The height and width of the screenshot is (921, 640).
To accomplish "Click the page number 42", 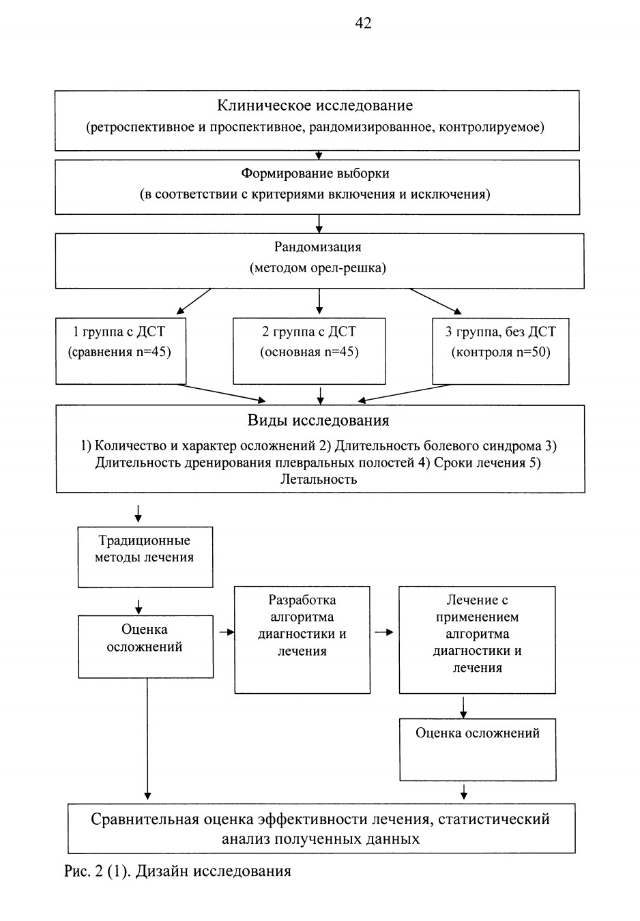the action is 363,23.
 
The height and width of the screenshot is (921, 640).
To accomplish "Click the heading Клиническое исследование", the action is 315,106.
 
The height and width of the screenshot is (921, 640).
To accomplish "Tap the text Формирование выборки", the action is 315,173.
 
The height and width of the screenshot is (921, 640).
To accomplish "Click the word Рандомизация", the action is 318,247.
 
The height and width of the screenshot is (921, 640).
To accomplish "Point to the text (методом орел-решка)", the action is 318,268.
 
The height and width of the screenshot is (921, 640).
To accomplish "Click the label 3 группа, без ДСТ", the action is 501,332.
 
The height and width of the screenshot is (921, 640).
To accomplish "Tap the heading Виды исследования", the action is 319,420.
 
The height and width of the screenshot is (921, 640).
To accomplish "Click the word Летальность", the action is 319,480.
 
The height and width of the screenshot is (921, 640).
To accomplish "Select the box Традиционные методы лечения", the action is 145,557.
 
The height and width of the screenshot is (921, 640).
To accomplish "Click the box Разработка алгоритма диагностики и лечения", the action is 302,640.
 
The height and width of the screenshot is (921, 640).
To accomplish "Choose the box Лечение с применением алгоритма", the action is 478,640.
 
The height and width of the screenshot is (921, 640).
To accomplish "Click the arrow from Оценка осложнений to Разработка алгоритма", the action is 227,632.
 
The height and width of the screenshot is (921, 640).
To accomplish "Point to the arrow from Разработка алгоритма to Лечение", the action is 383,632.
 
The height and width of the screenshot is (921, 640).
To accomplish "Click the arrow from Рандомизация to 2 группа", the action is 319,302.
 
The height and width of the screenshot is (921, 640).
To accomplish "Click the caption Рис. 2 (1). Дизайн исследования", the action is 177,871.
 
